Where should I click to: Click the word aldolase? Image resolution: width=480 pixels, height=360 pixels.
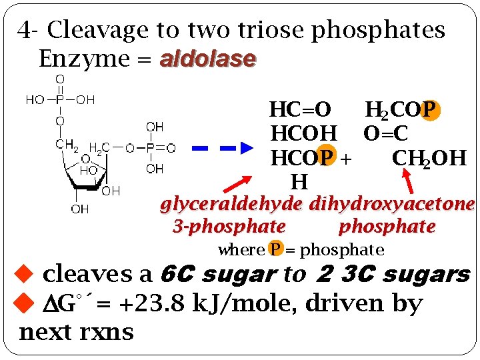coord(208,59)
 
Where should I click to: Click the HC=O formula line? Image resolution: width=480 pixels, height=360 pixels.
coord(299,109)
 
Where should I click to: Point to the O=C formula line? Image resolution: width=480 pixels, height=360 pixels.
coord(385,134)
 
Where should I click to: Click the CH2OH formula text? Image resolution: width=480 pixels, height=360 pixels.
coord(429,158)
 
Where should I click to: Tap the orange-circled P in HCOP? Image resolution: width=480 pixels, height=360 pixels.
coord(326,158)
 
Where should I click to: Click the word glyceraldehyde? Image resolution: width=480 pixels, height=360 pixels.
coord(231,203)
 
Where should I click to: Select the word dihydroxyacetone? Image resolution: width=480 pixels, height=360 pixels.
coord(392,203)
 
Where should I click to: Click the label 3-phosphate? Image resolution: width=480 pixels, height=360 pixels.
coord(229,227)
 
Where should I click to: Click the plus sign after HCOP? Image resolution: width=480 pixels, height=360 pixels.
coord(346,159)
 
